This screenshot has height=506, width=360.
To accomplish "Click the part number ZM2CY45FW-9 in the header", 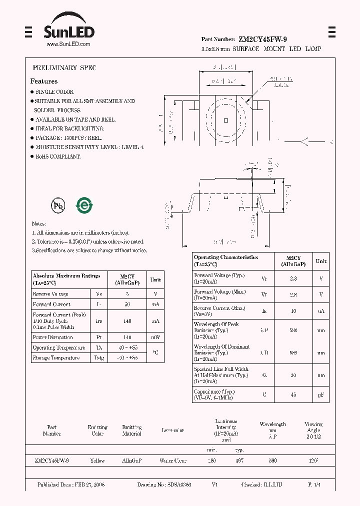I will click(262, 39).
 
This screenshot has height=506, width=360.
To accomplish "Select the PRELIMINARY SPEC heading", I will click(64, 67).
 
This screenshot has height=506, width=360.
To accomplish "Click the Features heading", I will click(44, 81).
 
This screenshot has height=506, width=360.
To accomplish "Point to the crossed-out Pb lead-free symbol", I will click(57, 205).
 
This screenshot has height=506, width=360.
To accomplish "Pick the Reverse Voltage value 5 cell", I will click(127, 294).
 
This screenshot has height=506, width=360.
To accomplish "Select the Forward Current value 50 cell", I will click(127, 304).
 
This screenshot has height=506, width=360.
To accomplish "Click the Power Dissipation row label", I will click(52, 337).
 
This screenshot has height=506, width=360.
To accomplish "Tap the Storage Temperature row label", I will click(56, 358).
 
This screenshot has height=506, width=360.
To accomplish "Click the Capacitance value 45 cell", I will click(293, 394).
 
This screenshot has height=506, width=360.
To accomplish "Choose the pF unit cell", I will click(321, 394).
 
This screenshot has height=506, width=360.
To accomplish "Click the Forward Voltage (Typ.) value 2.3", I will click(293, 278).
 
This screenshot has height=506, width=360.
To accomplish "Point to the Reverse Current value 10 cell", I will click(293, 311).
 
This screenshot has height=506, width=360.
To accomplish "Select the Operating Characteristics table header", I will click(226, 260).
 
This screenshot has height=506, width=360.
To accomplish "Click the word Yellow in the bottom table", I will click(97, 460).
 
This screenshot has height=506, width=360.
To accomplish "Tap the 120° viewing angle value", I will click(313, 460).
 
